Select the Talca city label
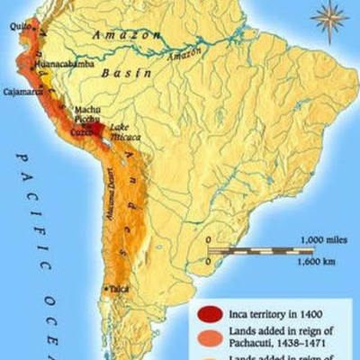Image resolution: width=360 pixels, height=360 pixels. click(119, 290)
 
